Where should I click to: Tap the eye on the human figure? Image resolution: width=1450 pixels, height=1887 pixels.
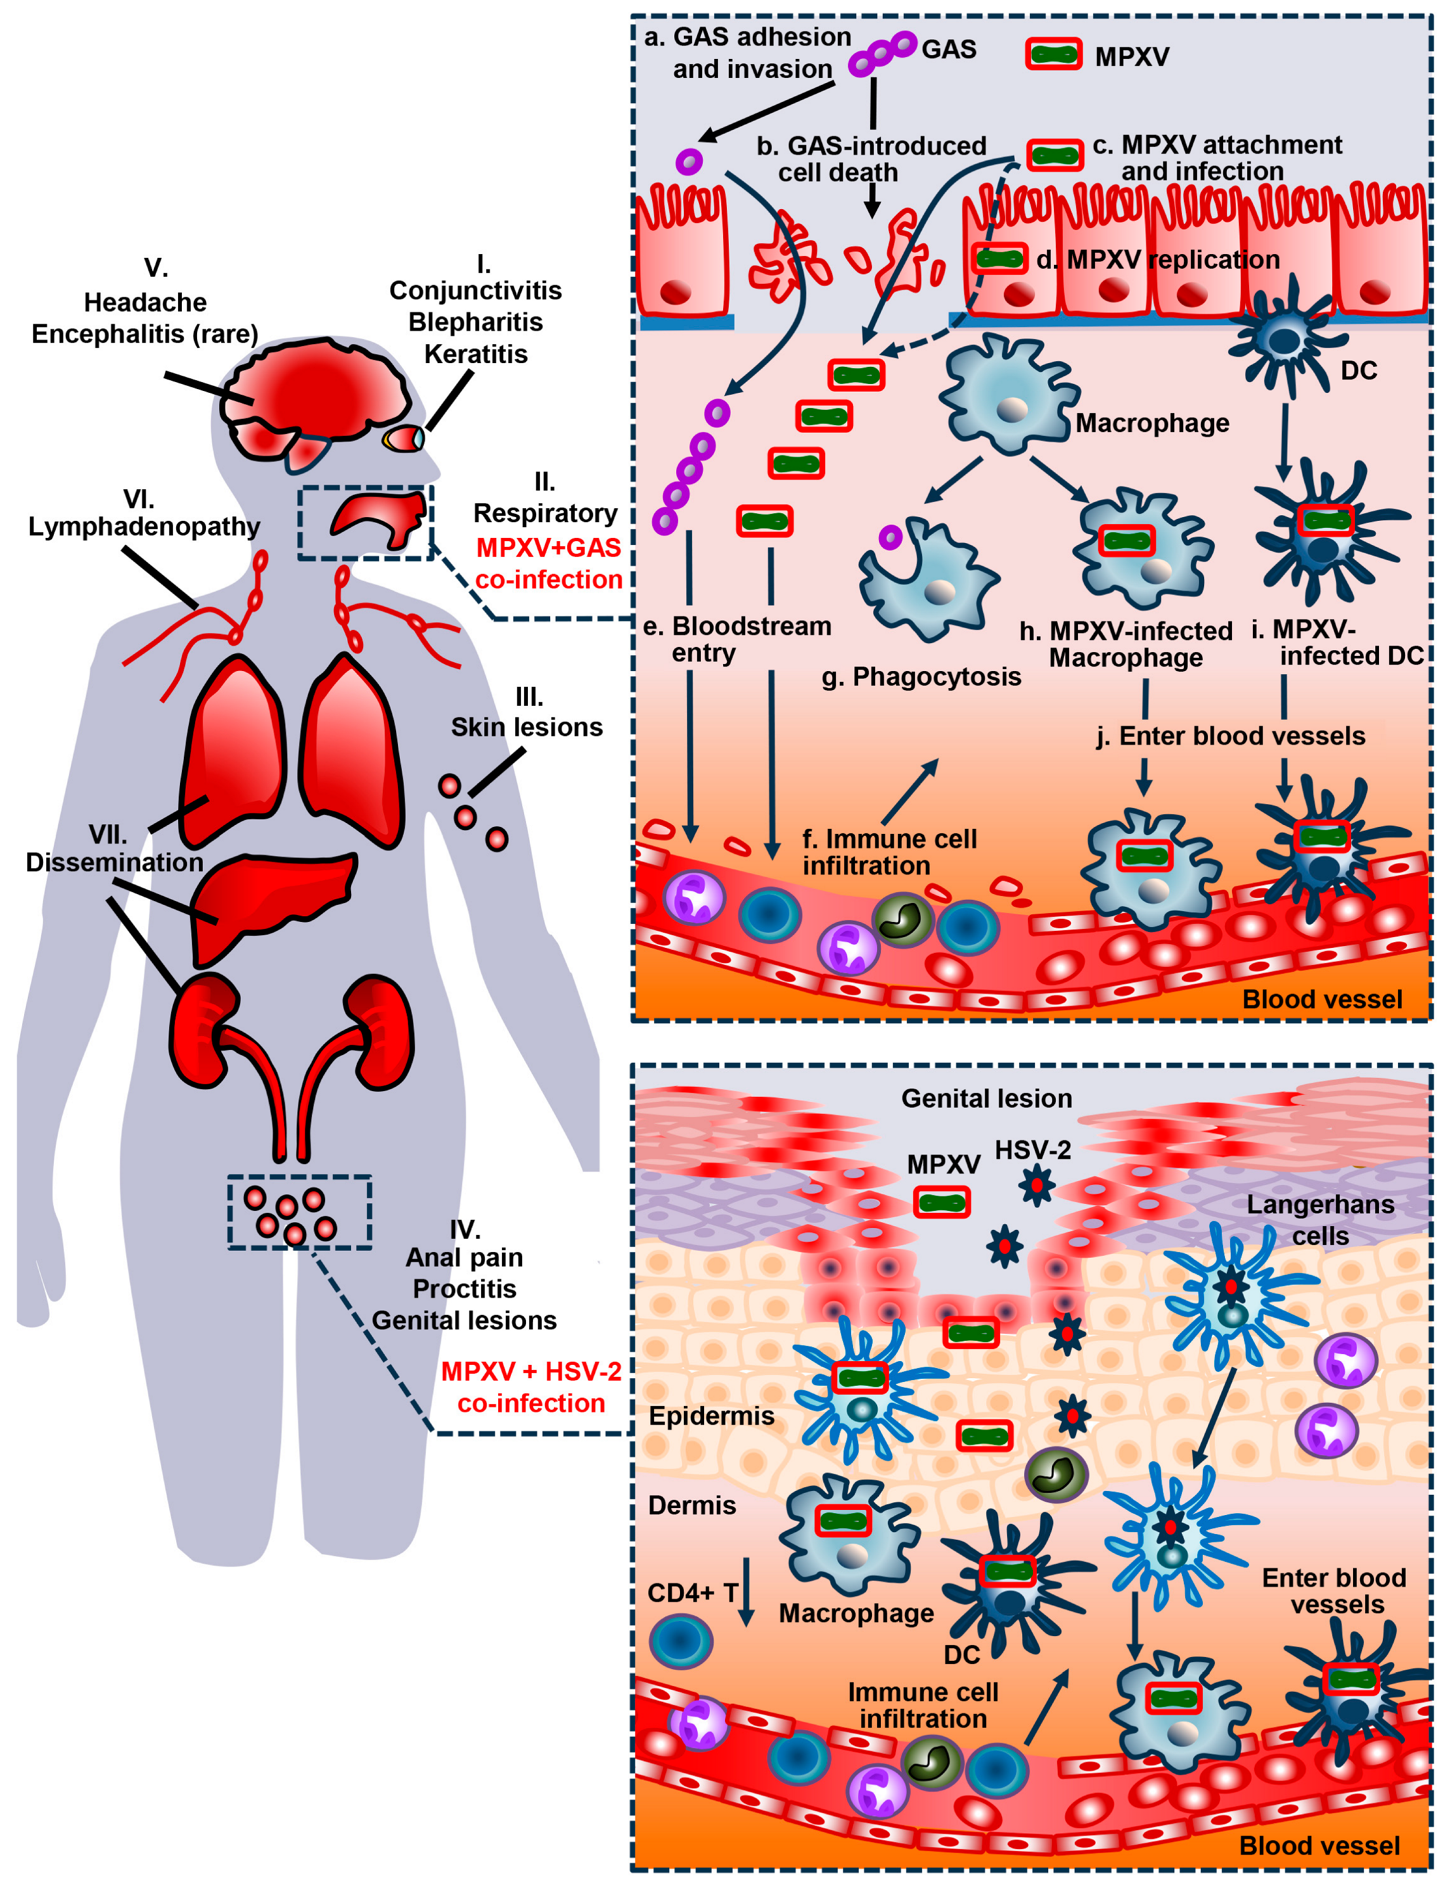404,438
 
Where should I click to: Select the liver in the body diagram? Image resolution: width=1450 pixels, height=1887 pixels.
272,902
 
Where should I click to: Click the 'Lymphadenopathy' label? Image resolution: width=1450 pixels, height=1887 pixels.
144,527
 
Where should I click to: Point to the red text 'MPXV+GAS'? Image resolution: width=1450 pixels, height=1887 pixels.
548,548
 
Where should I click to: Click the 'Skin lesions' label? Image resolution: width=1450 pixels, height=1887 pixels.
527,727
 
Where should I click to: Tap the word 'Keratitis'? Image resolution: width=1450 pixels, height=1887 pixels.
475,354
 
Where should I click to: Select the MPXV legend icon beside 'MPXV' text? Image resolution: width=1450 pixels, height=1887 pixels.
1053,54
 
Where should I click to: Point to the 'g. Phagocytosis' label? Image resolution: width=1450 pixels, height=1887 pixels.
921,677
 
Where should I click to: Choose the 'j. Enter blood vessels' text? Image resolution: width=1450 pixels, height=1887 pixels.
1230,736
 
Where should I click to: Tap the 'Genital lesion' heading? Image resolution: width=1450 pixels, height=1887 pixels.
987,1098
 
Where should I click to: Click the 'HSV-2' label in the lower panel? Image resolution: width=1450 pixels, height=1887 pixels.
1032,1150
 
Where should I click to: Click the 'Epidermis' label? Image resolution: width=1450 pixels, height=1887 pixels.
711,1416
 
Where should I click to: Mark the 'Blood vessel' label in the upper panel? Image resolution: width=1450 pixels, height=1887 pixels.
1321,999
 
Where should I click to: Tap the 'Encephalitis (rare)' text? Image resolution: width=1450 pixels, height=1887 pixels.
145,334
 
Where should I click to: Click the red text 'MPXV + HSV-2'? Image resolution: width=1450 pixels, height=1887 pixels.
531,1371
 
